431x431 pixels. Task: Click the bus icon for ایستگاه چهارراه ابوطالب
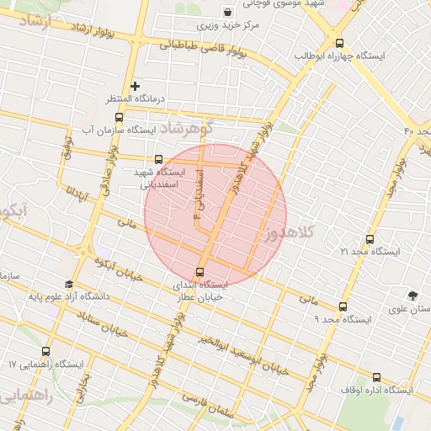[339, 43]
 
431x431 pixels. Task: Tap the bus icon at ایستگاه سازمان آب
[118, 117]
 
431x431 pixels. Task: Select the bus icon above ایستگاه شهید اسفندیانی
[158, 158]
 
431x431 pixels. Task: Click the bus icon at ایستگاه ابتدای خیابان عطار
[200, 271]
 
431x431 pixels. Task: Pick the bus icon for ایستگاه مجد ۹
[341, 307]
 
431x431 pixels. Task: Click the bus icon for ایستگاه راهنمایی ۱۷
[46, 352]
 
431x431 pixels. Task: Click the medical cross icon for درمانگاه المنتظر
[135, 86]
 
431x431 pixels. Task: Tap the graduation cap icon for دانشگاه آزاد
[68, 284]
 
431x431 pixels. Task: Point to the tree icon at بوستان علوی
[412, 295]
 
